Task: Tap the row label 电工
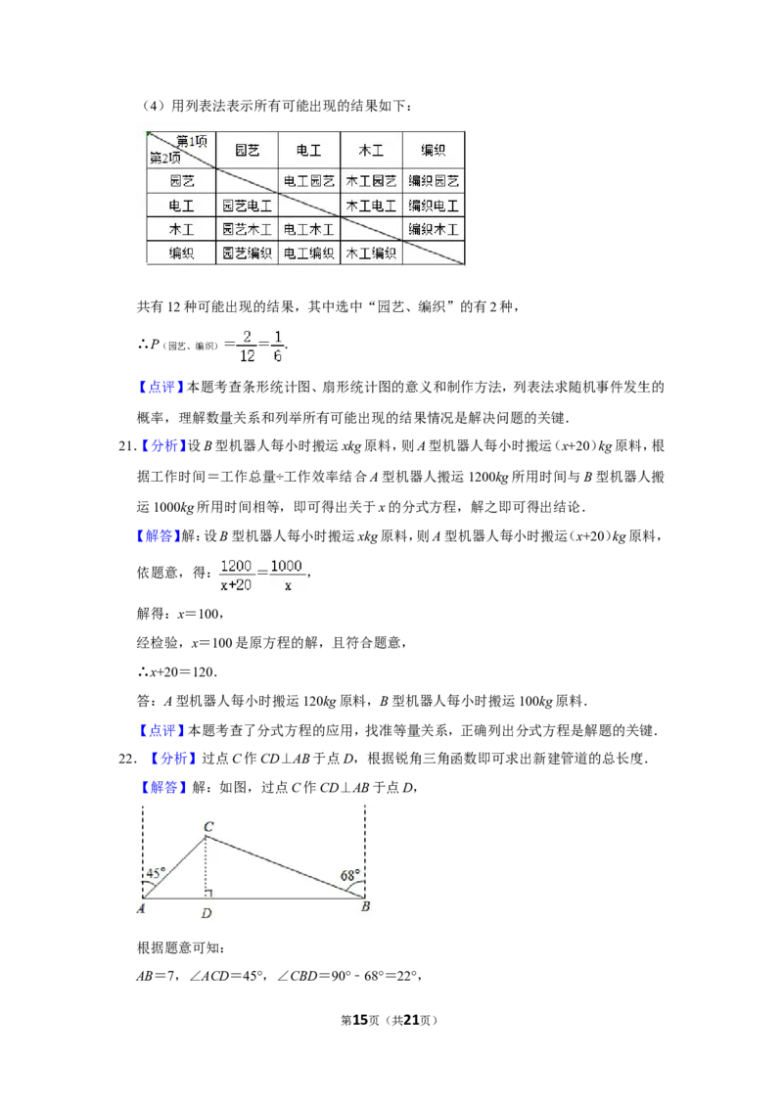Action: click(x=181, y=206)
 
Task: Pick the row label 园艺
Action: click(x=181, y=181)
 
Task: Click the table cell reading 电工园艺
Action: click(x=309, y=181)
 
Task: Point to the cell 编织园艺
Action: click(x=434, y=181)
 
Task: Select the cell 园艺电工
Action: click(x=247, y=206)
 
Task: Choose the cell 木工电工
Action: click(x=371, y=206)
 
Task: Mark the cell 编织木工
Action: click(x=434, y=230)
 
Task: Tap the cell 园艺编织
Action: click(x=247, y=254)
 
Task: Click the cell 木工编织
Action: click(x=371, y=254)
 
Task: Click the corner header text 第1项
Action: click(x=191, y=140)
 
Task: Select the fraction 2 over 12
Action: click(x=246, y=345)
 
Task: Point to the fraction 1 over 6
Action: click(x=277, y=345)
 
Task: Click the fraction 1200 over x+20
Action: click(x=235, y=576)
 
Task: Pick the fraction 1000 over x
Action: click(x=287, y=576)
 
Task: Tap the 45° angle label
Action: click(x=155, y=873)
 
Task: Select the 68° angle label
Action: click(x=349, y=874)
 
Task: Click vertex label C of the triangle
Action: click(x=207, y=827)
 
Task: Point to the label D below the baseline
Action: click(x=207, y=913)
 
